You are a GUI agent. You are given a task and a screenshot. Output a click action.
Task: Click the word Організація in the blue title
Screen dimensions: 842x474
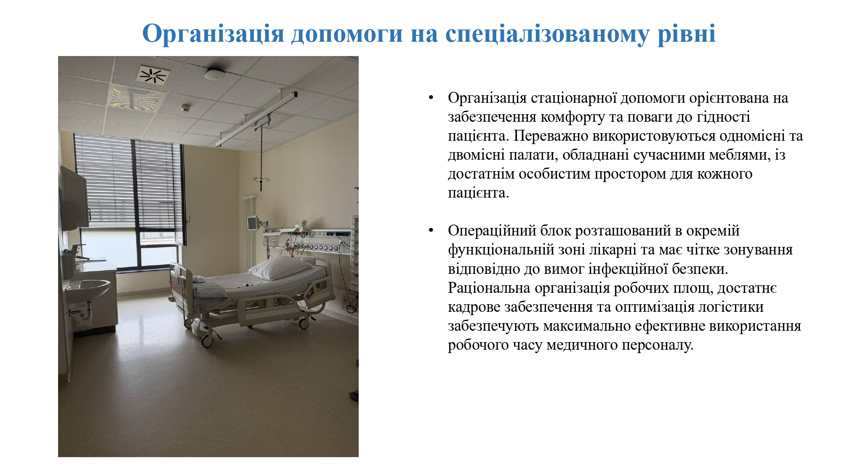point(213,34)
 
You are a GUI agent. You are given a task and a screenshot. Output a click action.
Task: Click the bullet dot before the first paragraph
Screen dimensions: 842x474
point(431,98)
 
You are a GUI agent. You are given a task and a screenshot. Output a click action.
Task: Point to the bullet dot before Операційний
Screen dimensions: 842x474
point(431,231)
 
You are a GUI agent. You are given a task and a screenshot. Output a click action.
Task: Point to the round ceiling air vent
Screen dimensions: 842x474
point(153,75)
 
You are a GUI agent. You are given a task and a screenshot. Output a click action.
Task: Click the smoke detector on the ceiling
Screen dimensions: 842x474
point(215,75)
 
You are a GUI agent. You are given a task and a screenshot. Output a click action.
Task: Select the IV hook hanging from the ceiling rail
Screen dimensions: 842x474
point(261,181)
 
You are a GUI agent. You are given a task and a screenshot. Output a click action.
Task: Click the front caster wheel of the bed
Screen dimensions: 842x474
point(207,340)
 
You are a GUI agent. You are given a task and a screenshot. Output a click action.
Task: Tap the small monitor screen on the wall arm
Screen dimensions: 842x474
point(253,222)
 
